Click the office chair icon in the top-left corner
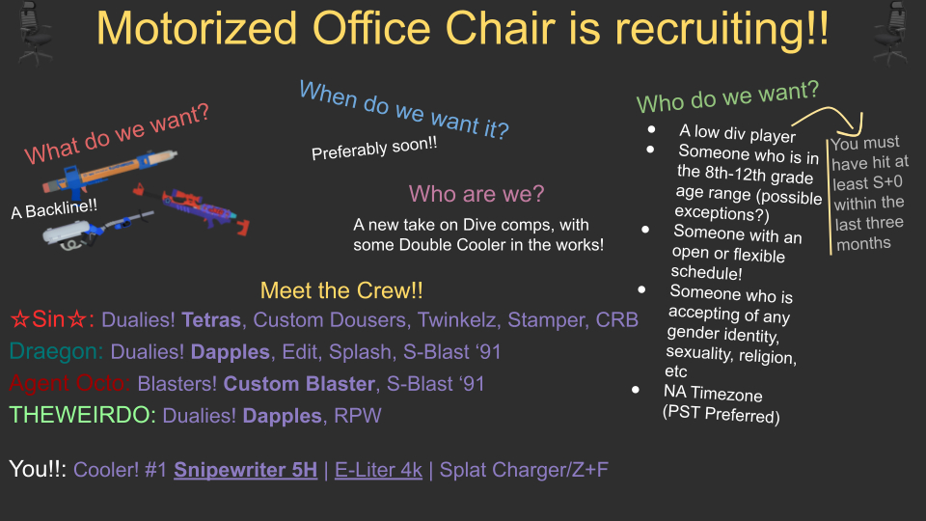point(36,33)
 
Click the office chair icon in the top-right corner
point(890,33)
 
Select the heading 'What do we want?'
point(117,134)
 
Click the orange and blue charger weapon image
point(109,172)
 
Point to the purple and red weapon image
point(192,209)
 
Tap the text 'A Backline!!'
point(54,208)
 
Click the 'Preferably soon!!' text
point(374,148)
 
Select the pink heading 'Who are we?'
point(476,194)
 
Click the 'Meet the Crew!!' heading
point(341,290)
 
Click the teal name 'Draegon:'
point(56,351)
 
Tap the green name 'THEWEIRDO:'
point(83,415)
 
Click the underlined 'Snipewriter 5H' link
point(246,470)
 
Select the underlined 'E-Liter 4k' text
point(378,470)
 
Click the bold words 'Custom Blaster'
point(299,384)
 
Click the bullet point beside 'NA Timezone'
point(636,390)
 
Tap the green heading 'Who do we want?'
point(727,96)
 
